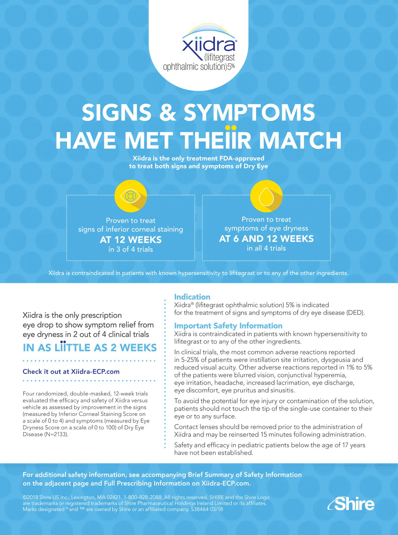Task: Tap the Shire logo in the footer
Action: pyautogui.click(x=351, y=504)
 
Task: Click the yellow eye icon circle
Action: pyautogui.click(x=131, y=196)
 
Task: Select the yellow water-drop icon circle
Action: pyautogui.click(x=266, y=196)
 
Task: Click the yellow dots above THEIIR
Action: pyautogui.click(x=231, y=127)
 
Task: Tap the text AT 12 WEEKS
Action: pyautogui.click(x=131, y=239)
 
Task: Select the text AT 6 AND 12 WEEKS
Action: pyautogui.click(x=266, y=238)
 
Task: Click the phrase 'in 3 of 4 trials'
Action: pyautogui.click(x=131, y=249)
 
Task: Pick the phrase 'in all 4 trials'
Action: pyautogui.click(x=266, y=248)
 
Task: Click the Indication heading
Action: pyautogui.click(x=192, y=297)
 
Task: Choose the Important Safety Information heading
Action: pyautogui.click(x=228, y=326)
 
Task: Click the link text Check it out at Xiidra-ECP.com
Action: pyautogui.click(x=71, y=371)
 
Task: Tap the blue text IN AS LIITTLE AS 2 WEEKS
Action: pyautogui.click(x=90, y=348)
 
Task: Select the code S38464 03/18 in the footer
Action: pyautogui.click(x=207, y=509)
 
